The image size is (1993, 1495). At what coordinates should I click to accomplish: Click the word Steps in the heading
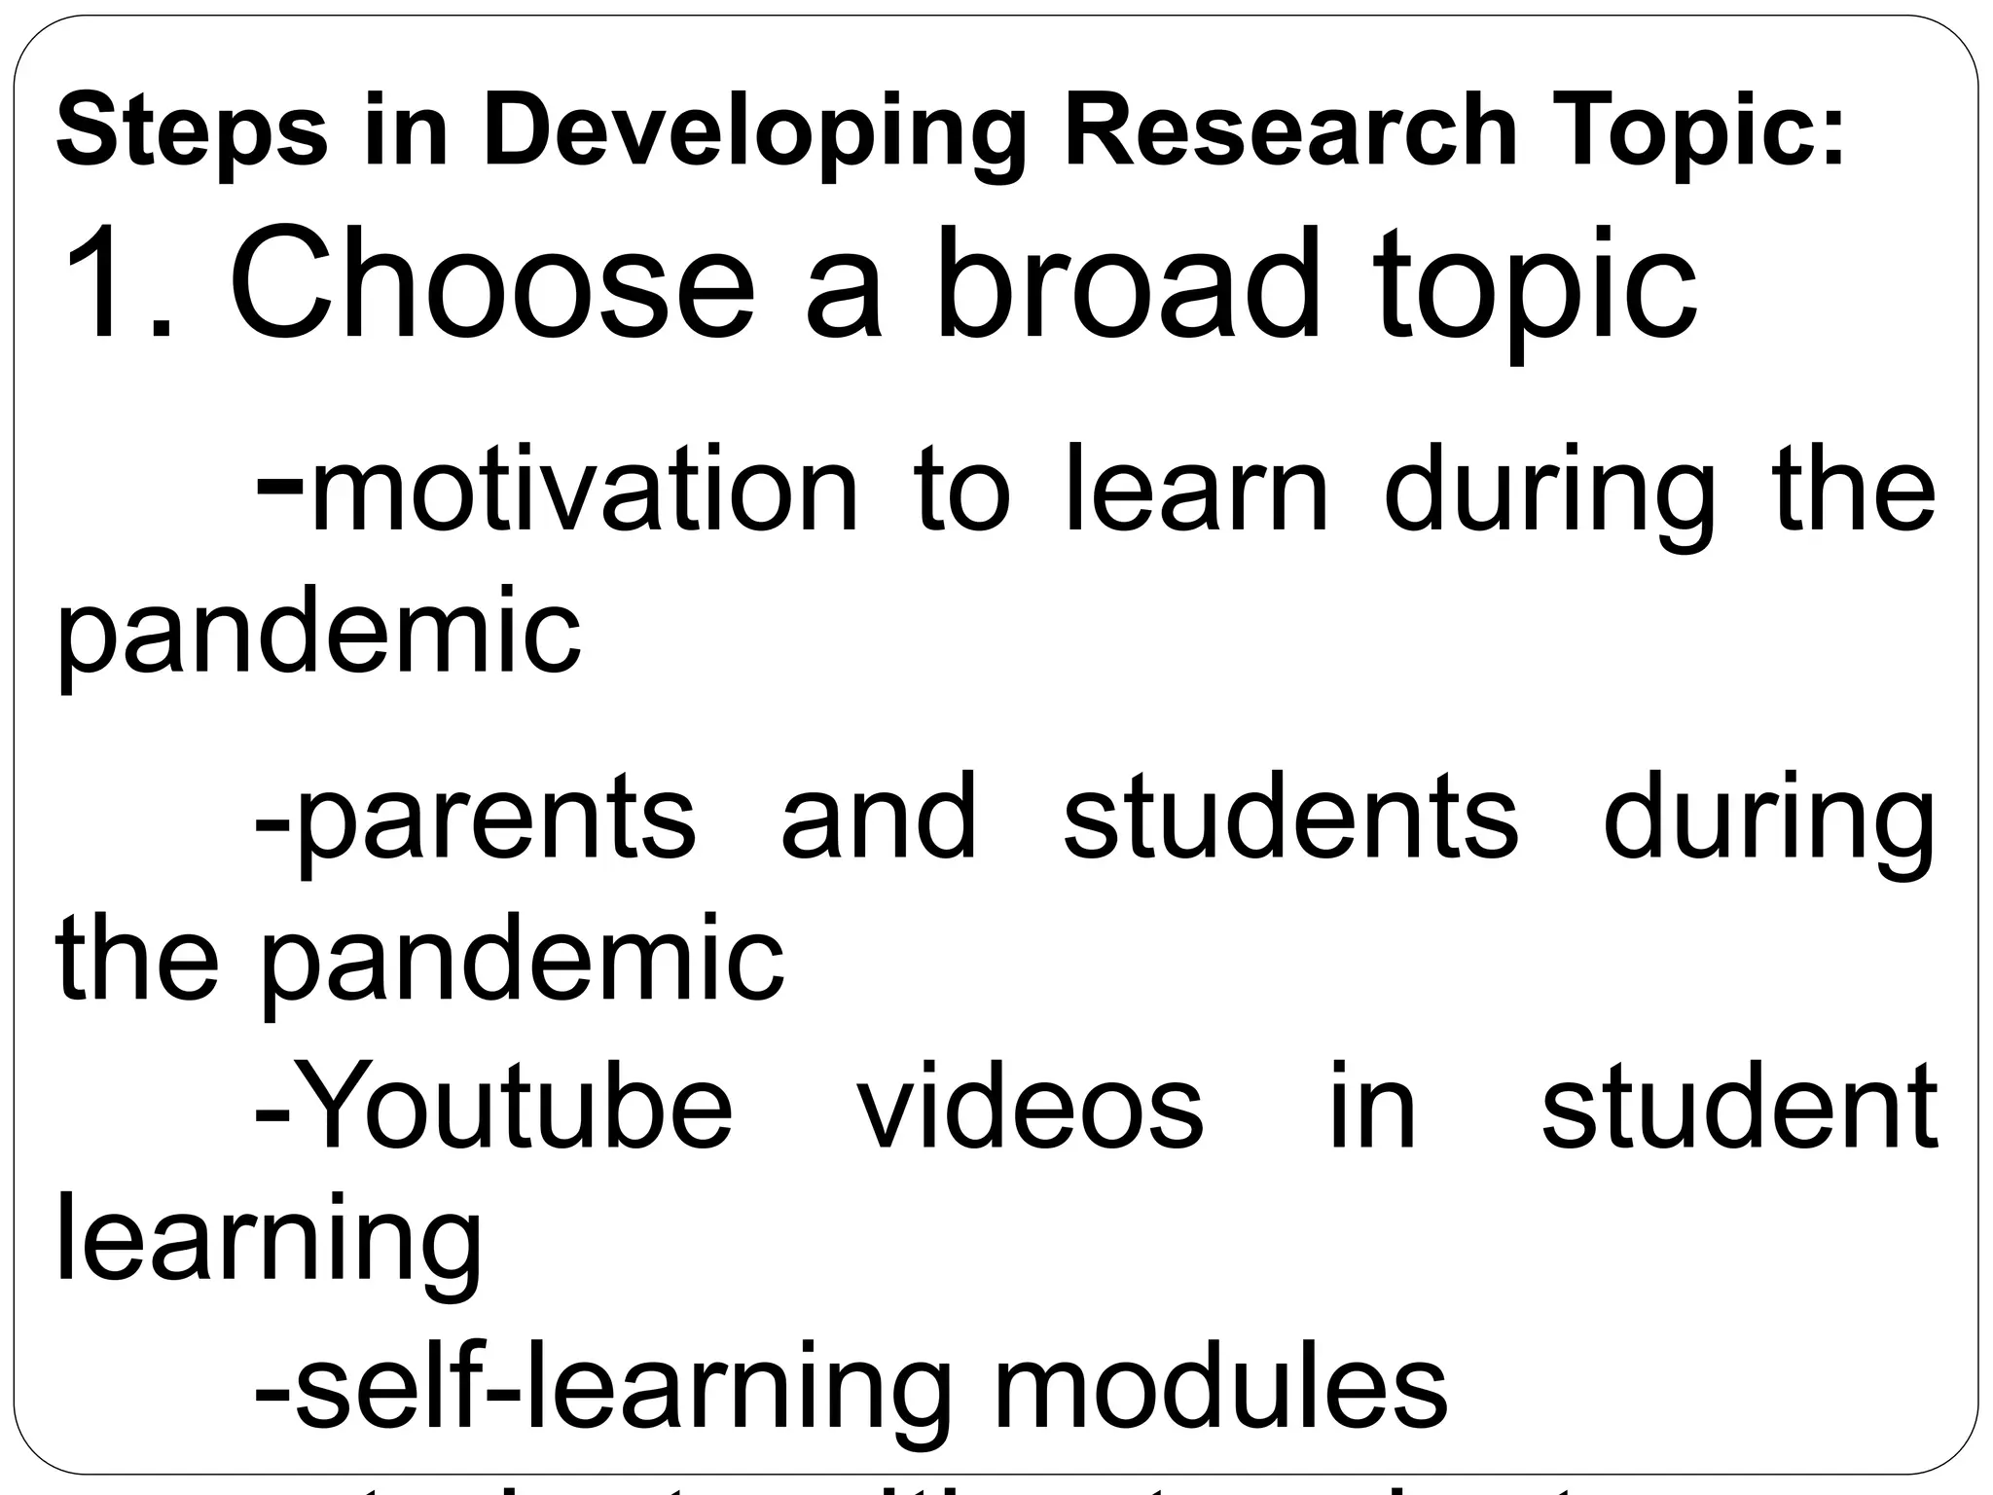[192, 131]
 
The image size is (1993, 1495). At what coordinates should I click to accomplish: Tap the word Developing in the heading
[754, 131]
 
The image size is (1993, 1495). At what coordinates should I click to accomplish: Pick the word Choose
[491, 282]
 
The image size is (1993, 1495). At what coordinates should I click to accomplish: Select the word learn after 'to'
[1197, 489]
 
